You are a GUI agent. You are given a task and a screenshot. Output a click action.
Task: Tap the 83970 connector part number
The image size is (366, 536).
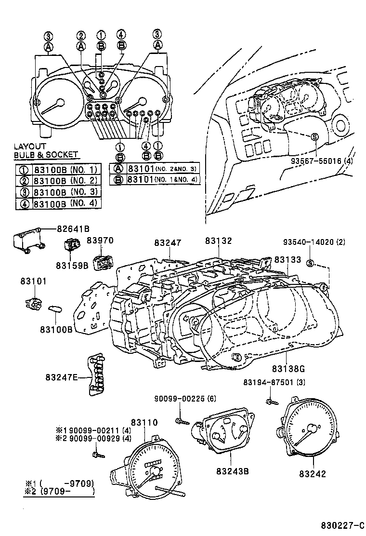pyautogui.click(x=99, y=241)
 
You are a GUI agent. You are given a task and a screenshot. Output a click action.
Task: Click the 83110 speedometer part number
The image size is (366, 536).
pyautogui.click(x=144, y=422)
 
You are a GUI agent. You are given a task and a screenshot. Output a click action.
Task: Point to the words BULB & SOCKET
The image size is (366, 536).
pyautogui.click(x=45, y=154)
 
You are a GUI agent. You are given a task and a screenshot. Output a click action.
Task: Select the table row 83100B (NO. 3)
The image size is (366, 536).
pyautogui.click(x=58, y=192)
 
